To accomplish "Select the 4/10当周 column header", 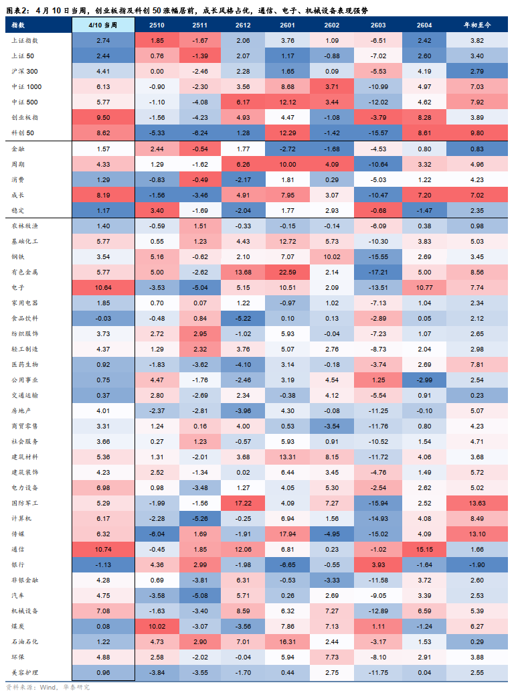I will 103,25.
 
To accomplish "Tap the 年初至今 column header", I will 477,25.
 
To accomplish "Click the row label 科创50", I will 23,133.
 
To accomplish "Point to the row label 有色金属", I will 25,273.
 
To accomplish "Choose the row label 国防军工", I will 25,502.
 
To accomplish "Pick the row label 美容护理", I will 25,672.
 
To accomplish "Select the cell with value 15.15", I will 424,549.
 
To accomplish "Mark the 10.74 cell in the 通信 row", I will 103,549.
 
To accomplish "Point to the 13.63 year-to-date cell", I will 477,502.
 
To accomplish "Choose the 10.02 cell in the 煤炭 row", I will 157,626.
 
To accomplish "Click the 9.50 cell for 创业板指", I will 103,117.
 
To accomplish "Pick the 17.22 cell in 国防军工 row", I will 244,502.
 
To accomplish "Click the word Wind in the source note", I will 48,688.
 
